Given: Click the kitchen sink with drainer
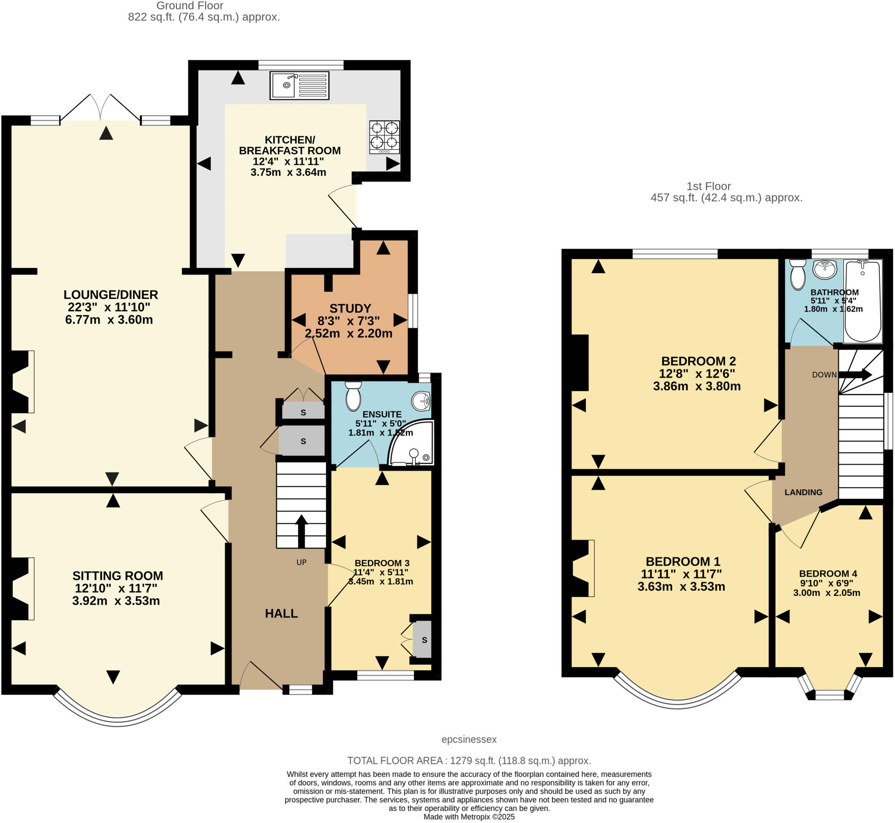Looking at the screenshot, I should coord(299,86).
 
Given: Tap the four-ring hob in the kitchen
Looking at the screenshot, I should coord(384,137).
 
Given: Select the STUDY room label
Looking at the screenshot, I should coord(350,308).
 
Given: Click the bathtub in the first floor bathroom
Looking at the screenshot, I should coord(863,301).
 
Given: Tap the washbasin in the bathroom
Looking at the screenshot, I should coord(824,269).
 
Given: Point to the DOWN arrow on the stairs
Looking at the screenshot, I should coord(855,374).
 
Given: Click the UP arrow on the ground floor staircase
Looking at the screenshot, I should coord(302,531).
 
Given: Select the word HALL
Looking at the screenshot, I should coord(281,614).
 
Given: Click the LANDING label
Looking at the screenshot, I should coord(803,492).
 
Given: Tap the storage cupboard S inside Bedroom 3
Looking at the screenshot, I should coord(423,640).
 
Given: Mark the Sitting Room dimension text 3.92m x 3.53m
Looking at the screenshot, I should coord(116,601).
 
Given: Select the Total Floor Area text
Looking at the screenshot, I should coord(468,761).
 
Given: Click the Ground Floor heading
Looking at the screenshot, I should coord(190,6).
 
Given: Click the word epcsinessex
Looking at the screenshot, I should coord(468,739).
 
